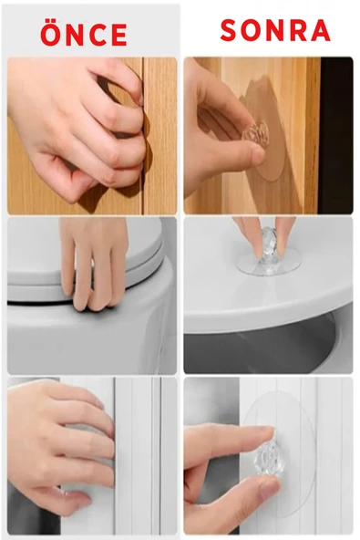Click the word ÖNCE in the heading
click(x=84, y=34)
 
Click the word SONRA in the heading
click(x=275, y=30)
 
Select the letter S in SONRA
click(x=230, y=30)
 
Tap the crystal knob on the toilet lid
click(x=268, y=246)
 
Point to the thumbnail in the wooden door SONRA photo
click(x=258, y=155)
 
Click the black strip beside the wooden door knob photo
click(x=336, y=135)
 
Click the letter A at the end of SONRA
click(x=320, y=30)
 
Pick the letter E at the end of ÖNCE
click(x=119, y=36)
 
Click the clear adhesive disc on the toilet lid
click(x=269, y=264)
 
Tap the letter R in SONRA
click(x=297, y=30)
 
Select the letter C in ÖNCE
click(x=98, y=36)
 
